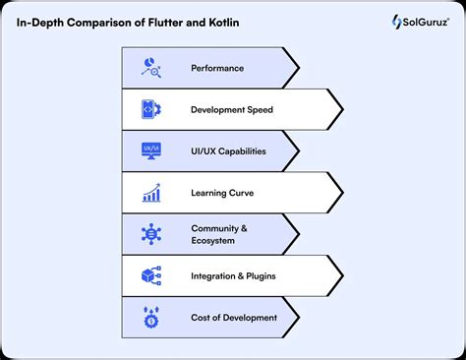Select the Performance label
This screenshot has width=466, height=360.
[x=217, y=69]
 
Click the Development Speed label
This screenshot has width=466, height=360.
[x=232, y=110]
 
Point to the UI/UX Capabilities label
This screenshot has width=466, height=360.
[x=229, y=151]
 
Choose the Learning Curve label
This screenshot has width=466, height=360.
[x=222, y=193]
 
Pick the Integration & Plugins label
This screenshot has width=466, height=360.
[x=233, y=275]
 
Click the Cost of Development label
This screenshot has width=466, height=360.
[x=234, y=317]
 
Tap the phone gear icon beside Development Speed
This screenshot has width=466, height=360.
[x=151, y=110]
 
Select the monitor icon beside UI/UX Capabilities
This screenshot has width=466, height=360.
[x=151, y=151]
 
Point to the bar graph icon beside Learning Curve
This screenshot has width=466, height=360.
[x=151, y=193]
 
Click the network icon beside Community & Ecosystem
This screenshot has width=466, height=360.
[x=151, y=234]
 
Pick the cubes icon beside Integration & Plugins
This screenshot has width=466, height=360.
[x=151, y=275]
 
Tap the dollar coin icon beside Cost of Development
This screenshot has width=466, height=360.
[x=151, y=317]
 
